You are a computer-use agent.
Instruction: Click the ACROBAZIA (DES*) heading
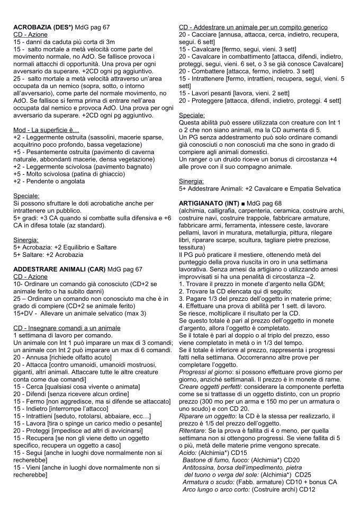pyautogui.click(x=43, y=27)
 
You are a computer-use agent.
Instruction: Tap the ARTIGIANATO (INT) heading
pyautogui.click(x=209, y=203)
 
